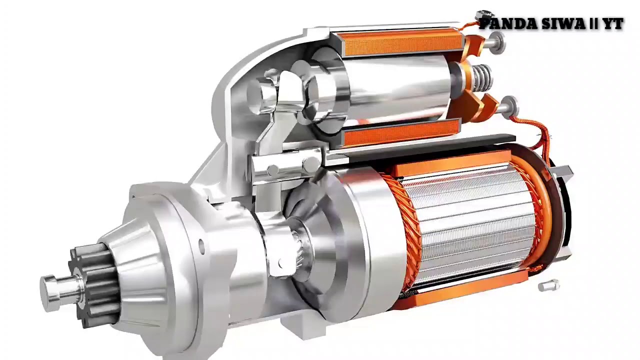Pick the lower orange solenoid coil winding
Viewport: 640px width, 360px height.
click(400, 133)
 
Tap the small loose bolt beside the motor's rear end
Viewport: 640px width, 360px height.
click(548, 286)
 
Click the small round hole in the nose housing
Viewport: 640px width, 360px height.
click(201, 245)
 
